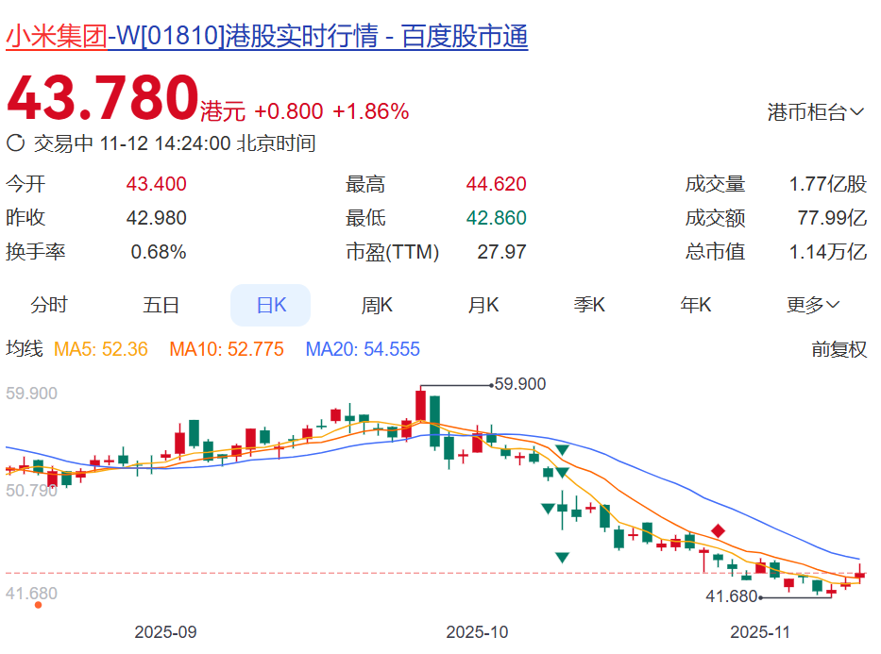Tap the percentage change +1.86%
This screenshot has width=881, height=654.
(370, 111)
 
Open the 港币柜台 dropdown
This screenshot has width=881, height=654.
(816, 112)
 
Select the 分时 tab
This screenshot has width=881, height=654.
(49, 305)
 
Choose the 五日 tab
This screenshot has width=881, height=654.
(161, 305)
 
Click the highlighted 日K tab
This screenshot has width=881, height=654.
(270, 305)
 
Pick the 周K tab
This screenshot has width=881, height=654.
(377, 305)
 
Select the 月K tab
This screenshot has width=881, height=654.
(483, 305)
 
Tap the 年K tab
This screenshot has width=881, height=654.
(696, 305)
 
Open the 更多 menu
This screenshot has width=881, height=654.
(813, 305)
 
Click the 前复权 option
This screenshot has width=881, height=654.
(839, 349)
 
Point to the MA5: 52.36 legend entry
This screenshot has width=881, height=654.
(101, 349)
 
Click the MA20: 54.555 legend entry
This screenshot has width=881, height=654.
(363, 349)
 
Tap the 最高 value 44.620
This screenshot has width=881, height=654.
(496, 184)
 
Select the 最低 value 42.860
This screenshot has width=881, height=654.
(496, 218)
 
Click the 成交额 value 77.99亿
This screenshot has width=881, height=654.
(832, 218)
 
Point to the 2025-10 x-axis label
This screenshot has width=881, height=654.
(477, 631)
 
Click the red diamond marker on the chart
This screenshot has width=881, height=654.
(718, 531)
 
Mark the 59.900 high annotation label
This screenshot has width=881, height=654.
(520, 384)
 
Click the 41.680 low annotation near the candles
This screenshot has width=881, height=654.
(732, 596)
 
